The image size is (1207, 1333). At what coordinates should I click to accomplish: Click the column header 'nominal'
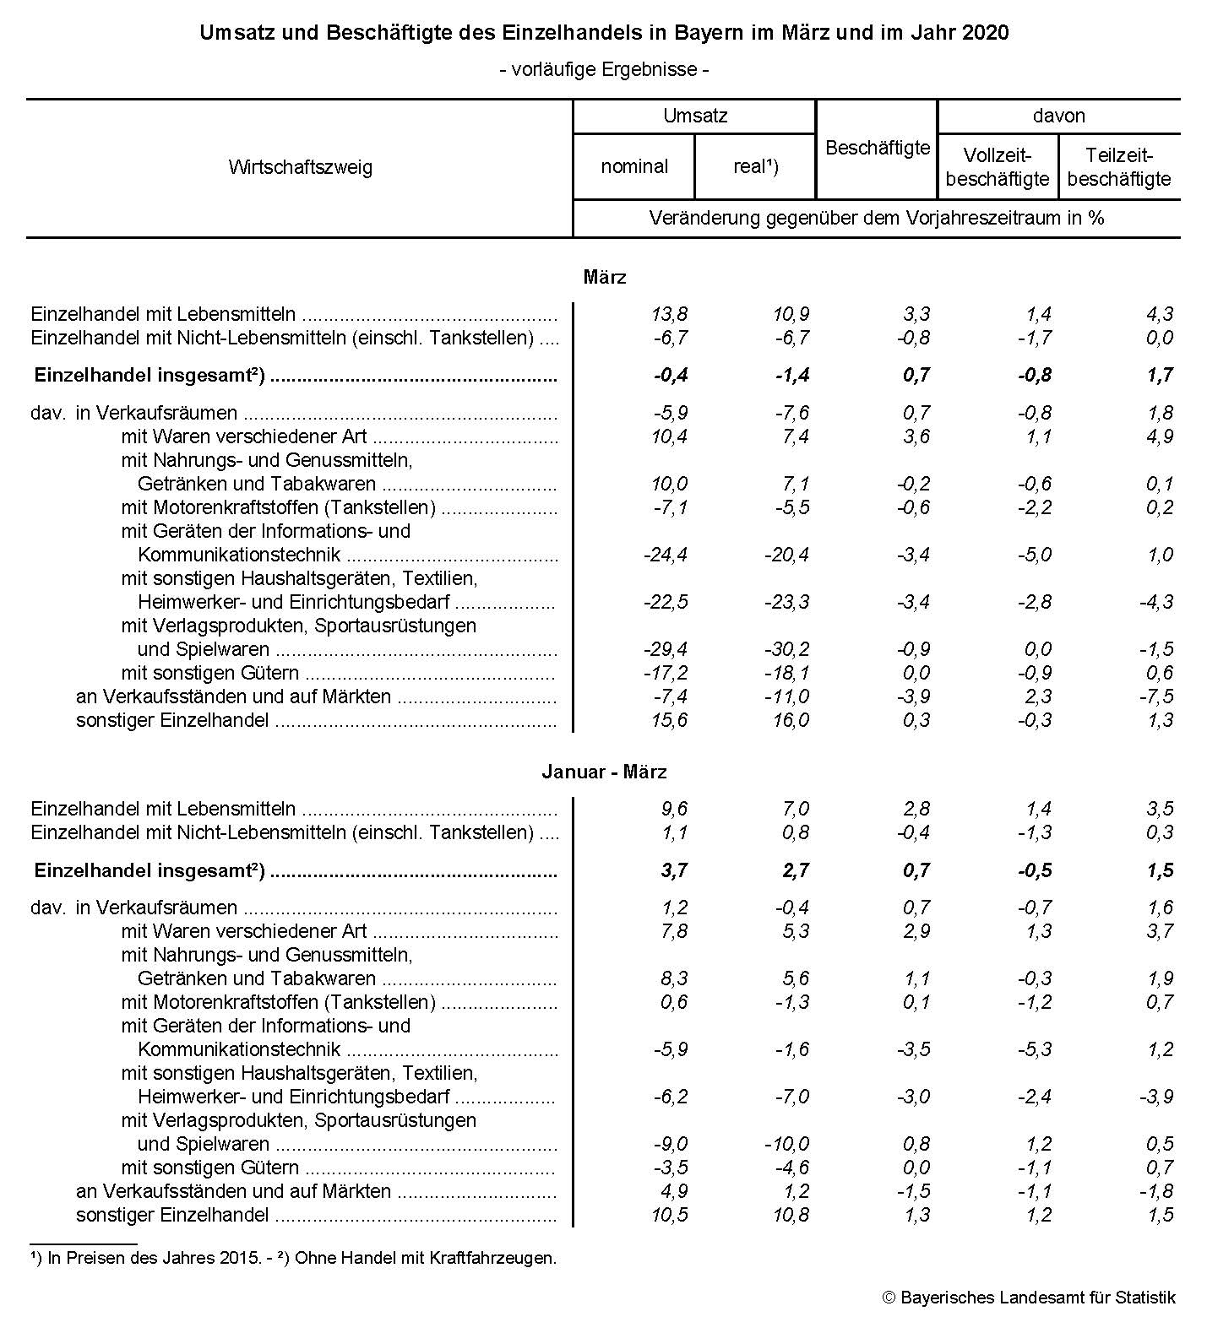(x=634, y=166)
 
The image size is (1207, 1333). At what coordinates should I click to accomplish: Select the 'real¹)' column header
(x=755, y=166)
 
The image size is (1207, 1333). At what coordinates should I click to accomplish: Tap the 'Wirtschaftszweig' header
(x=300, y=167)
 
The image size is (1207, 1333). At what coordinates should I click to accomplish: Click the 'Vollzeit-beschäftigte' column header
(x=998, y=167)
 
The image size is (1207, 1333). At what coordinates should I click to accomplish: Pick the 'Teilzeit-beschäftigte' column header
(x=1119, y=167)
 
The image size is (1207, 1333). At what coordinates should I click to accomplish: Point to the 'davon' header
(x=1058, y=116)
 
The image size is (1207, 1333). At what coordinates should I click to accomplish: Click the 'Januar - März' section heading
(x=604, y=772)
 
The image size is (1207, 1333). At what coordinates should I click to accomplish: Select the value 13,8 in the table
(x=670, y=314)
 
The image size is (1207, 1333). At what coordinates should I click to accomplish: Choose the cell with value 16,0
(x=791, y=720)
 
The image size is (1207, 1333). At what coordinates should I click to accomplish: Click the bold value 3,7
(x=674, y=870)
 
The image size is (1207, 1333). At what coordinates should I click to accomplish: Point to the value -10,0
(x=786, y=1144)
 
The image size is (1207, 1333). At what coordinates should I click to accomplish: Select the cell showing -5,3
(x=1034, y=1049)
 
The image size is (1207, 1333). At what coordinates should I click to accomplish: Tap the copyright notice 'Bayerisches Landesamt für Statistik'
(x=1037, y=1298)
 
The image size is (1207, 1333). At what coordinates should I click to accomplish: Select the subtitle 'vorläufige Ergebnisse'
(x=604, y=69)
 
